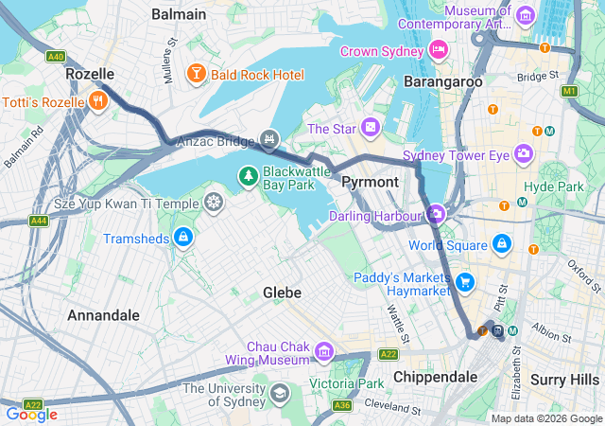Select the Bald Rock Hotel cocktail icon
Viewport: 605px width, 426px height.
(196, 73)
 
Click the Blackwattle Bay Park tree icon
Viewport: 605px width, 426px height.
(248, 174)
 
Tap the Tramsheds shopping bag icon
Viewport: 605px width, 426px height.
(183, 236)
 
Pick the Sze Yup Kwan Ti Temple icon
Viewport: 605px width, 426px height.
(215, 202)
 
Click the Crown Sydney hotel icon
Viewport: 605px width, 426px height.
(438, 49)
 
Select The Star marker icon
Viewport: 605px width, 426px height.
(371, 127)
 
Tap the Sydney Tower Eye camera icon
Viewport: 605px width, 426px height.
(523, 153)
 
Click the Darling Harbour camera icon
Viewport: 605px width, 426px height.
(435, 215)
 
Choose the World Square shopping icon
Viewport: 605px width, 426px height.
(501, 244)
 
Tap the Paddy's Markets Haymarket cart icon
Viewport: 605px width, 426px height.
(464, 282)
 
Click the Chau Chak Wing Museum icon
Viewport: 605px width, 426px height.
(324, 352)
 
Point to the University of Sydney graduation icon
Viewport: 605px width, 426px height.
(279, 393)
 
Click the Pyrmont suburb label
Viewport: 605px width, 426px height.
(370, 180)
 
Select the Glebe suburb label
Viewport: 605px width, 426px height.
(282, 293)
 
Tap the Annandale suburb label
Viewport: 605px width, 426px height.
(103, 314)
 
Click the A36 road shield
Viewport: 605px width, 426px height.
(342, 405)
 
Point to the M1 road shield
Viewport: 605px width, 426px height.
(568, 91)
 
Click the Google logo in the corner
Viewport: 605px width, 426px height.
(32, 414)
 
